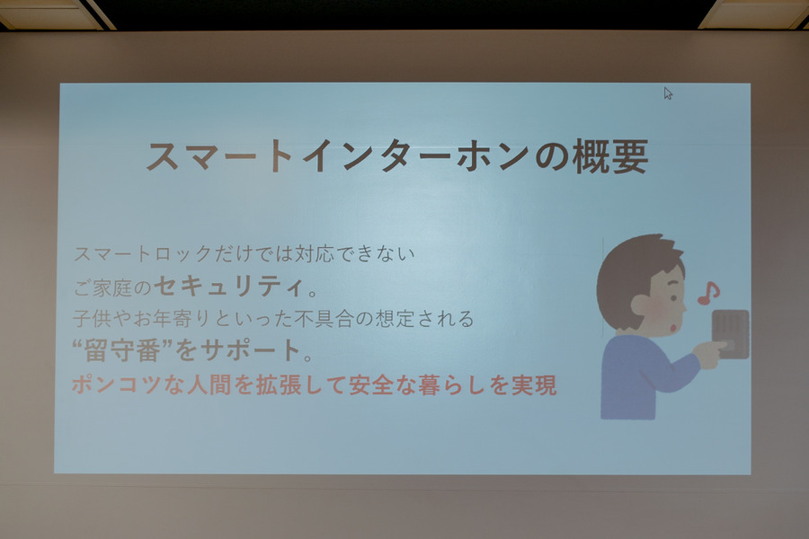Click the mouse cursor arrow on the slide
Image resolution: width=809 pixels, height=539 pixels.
pos(668,93)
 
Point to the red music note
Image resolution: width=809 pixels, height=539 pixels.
pos(708,292)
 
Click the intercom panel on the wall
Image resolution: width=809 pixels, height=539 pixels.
pos(730,333)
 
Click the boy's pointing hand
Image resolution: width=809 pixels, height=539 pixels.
pos(711,353)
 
